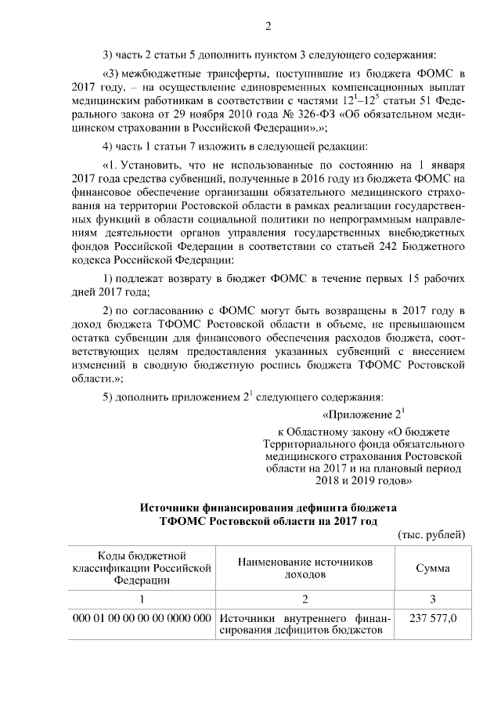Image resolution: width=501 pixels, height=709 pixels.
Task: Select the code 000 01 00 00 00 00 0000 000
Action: [x=143, y=618]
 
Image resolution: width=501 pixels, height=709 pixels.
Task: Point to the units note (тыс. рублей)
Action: [x=432, y=534]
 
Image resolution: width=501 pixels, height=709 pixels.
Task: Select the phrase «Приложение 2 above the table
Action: [x=362, y=413]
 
